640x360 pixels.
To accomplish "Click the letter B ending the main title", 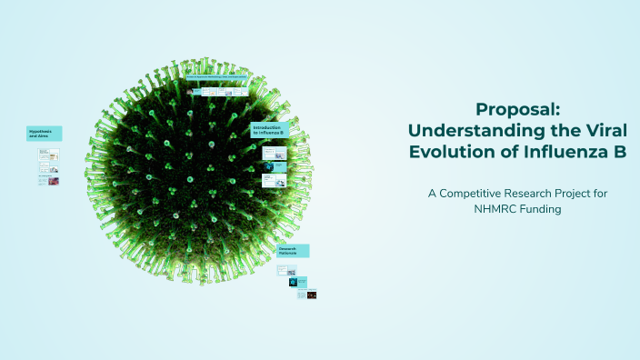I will pos(619,152).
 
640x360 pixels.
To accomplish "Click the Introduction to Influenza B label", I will pos(269,130).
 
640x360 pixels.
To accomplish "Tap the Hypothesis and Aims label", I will pos(44,134).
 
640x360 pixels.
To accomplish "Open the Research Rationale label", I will pos(293,250).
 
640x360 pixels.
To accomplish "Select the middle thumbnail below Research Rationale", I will pos(297,283).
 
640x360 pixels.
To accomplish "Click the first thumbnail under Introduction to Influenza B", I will pos(269,153).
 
